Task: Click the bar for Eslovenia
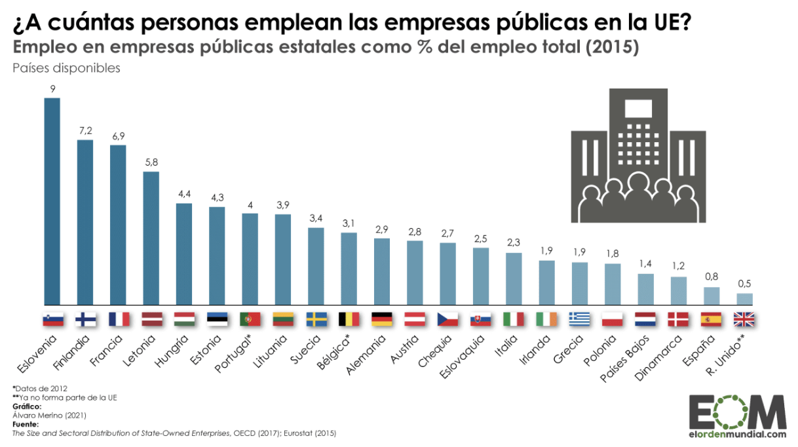point(52,201)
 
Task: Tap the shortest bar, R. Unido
point(744,299)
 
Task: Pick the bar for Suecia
point(316,266)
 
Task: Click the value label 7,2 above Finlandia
point(85,131)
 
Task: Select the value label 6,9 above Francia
point(118,136)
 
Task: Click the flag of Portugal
point(250,319)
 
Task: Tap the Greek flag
point(580,319)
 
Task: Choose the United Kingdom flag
point(744,319)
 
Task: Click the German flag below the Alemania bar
point(382,319)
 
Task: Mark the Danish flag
point(679,319)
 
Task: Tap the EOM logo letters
point(736,412)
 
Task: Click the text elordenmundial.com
point(737,435)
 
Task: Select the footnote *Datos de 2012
point(39,389)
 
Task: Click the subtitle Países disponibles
point(66,69)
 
